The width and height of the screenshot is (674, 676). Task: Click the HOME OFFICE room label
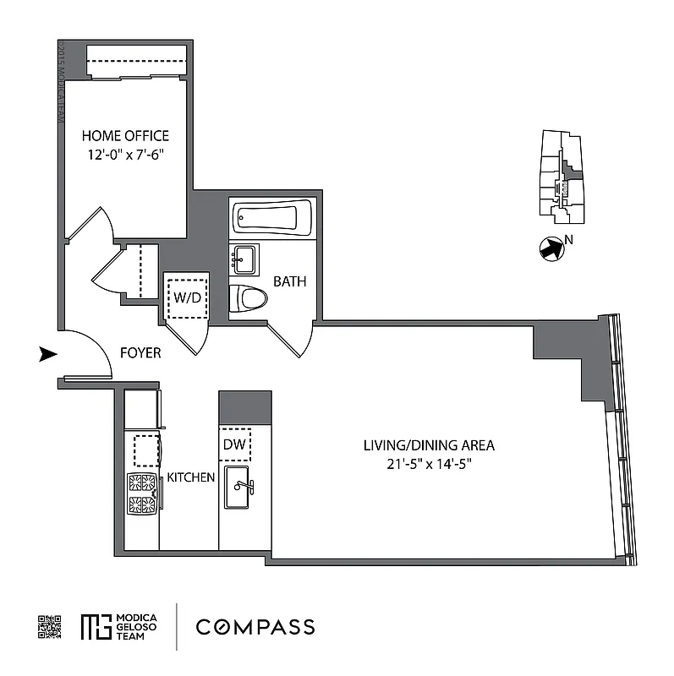click(x=125, y=135)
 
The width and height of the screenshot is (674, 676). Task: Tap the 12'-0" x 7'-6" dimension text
click(x=125, y=155)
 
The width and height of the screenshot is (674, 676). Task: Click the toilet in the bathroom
click(x=248, y=297)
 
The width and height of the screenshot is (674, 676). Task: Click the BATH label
click(x=289, y=281)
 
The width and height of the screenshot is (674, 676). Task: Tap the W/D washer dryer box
click(x=186, y=297)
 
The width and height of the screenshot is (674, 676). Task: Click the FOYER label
click(x=140, y=353)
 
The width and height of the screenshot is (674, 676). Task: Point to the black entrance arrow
click(x=48, y=355)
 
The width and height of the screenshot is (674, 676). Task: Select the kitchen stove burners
click(x=143, y=493)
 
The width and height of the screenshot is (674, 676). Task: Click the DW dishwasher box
click(x=234, y=444)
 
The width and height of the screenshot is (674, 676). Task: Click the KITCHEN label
click(x=190, y=477)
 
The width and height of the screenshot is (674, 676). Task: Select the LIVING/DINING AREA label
click(x=429, y=445)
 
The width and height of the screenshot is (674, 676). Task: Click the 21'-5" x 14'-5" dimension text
click(x=429, y=464)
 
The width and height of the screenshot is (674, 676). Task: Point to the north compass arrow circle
click(x=550, y=248)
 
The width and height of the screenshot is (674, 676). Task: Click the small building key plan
click(x=559, y=179)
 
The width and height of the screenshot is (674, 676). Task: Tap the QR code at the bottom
click(x=50, y=626)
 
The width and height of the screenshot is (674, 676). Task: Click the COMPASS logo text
click(x=255, y=626)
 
